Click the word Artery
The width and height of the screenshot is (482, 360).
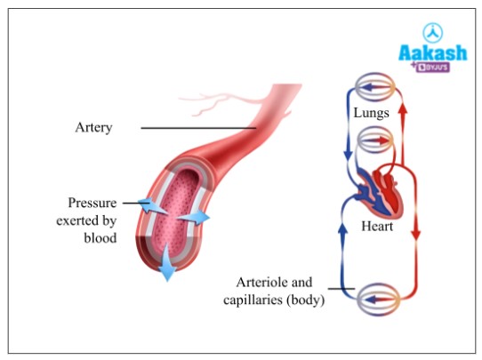pos(93,128)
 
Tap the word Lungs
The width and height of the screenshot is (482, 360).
pos(370,114)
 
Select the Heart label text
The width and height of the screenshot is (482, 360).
pos(376,228)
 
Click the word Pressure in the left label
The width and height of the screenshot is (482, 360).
pos(92,203)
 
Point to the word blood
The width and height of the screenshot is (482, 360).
pos(100,238)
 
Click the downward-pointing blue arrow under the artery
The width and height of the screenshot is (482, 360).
pos(166,268)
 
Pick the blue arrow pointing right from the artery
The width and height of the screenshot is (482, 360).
pos(197,217)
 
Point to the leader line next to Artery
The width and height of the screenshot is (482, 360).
pos(196,129)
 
